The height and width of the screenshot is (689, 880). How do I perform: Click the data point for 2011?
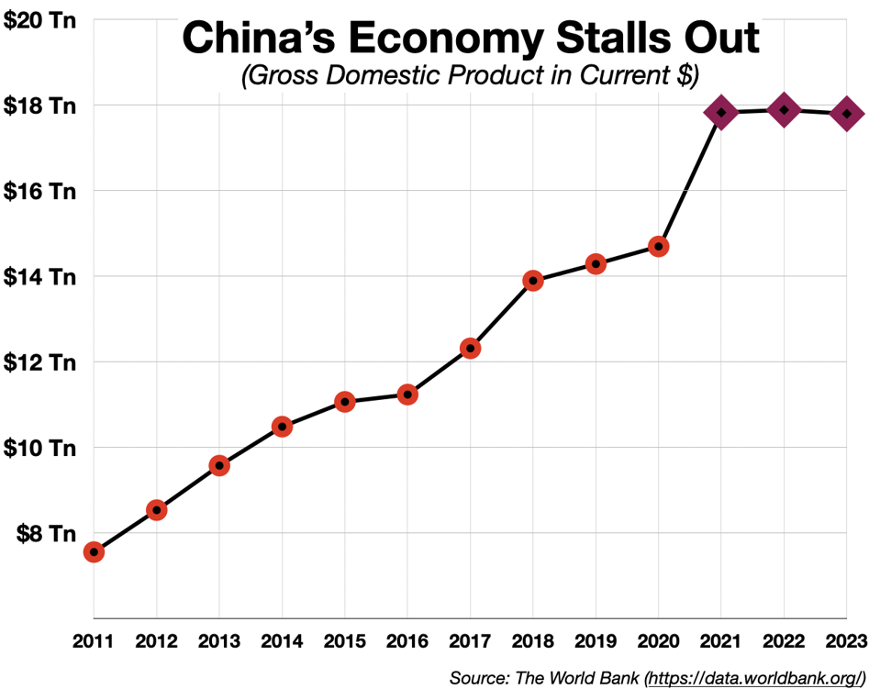click(94, 551)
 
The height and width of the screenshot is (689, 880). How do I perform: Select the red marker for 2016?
click(407, 395)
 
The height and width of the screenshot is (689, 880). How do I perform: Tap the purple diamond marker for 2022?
click(784, 110)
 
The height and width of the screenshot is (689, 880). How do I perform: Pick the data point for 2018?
click(533, 281)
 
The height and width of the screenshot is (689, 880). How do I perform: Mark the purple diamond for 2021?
click(721, 112)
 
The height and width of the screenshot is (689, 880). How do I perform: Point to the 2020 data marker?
click(658, 246)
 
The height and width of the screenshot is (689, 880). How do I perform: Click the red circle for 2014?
click(282, 427)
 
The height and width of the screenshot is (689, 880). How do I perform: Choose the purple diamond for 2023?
click(846, 114)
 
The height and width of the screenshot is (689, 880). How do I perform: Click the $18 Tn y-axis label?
click(39, 106)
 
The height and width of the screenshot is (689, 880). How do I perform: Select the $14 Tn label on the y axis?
click(39, 276)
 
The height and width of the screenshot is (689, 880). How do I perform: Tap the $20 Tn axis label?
click(39, 20)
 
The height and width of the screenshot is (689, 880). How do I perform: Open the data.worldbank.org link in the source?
click(755, 678)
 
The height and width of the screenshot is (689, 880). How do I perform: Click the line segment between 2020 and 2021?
click(689, 180)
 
